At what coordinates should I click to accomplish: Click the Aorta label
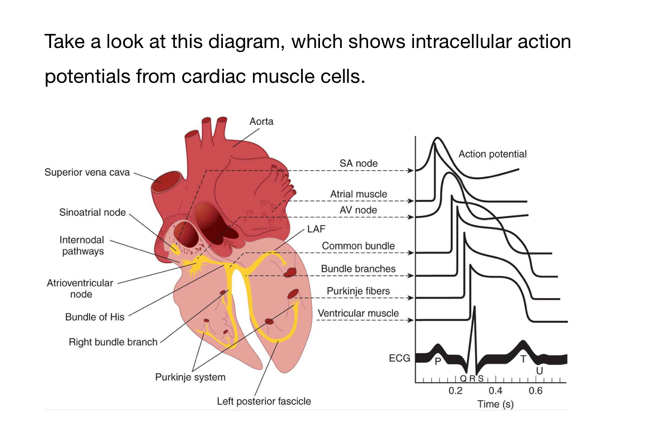(261, 121)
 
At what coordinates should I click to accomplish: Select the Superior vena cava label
(87, 172)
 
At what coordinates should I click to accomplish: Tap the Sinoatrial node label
(92, 212)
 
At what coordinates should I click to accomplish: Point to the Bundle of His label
(95, 317)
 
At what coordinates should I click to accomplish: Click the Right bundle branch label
(113, 342)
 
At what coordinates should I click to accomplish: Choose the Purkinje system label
(190, 377)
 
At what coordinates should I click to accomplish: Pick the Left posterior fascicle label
(264, 402)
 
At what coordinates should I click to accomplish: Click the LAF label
(316, 229)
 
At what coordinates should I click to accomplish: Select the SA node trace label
(358, 163)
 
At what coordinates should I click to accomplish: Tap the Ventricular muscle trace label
(358, 313)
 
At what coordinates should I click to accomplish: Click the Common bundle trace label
(358, 246)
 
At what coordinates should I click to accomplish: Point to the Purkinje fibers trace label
(358, 291)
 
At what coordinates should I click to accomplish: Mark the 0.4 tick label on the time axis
(495, 391)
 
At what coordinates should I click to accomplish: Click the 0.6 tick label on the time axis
(536, 391)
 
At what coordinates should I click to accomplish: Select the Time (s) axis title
(495, 404)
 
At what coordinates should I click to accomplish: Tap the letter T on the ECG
(524, 359)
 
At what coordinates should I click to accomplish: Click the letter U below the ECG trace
(539, 371)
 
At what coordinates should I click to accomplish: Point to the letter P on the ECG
(438, 361)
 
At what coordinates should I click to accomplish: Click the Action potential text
(492, 154)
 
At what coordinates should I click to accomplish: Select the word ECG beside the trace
(399, 359)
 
